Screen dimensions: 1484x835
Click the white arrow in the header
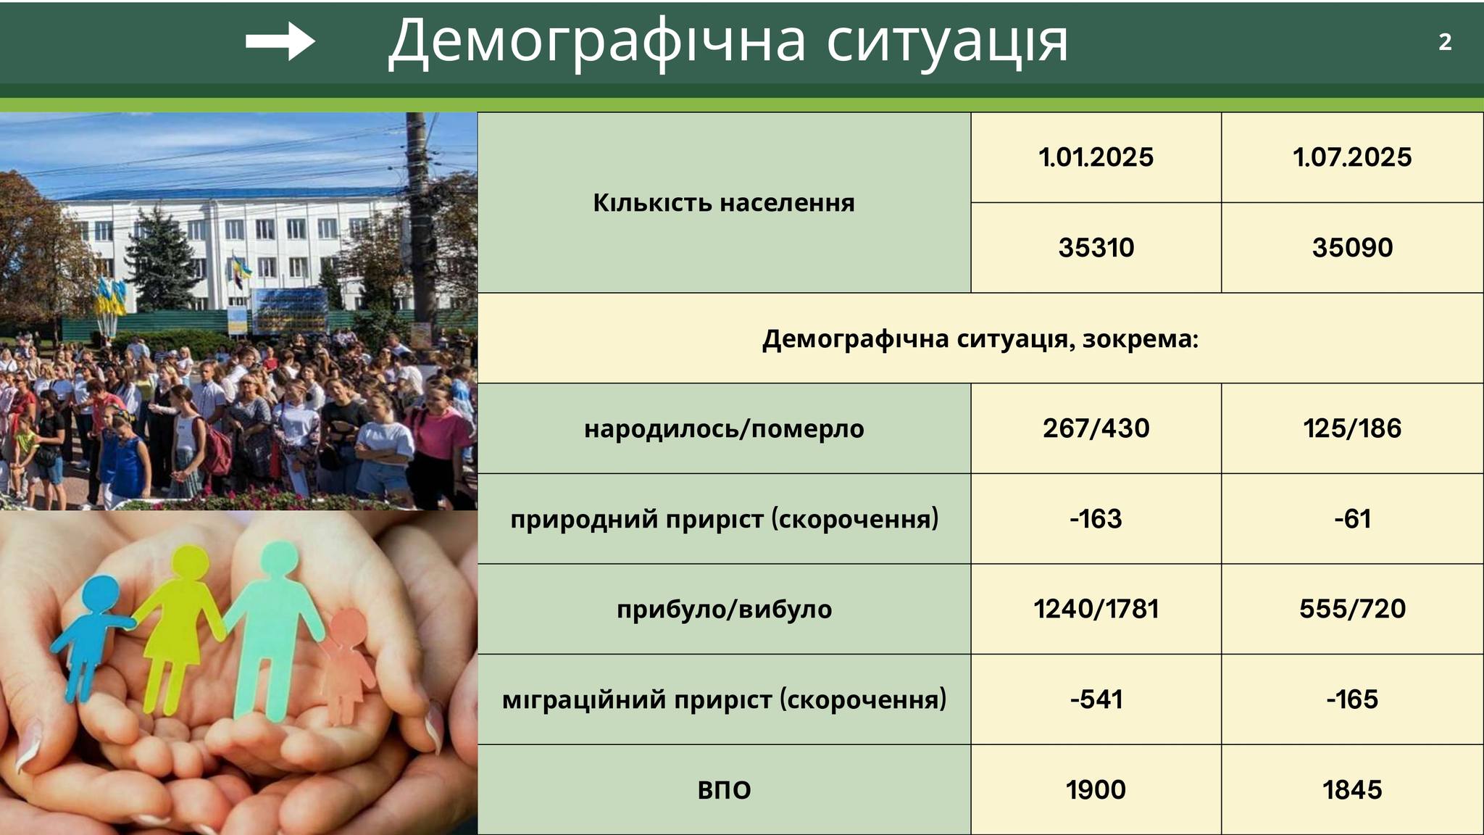click(x=280, y=41)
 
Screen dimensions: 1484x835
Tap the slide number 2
click(x=1445, y=43)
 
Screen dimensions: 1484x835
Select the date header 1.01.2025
click(x=1096, y=157)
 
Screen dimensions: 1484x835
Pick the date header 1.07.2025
click(x=1352, y=157)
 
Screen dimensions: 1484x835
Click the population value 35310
click(x=1096, y=248)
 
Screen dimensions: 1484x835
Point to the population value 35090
click(x=1352, y=248)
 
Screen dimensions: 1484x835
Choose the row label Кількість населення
click(x=724, y=203)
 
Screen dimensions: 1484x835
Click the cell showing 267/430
click(x=1096, y=428)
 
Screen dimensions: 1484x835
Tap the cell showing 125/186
click(x=1352, y=428)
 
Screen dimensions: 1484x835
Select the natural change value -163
click(x=1096, y=519)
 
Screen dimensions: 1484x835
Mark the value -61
click(x=1352, y=519)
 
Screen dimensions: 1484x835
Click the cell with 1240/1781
click(x=1096, y=609)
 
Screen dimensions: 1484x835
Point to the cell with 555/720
click(x=1352, y=609)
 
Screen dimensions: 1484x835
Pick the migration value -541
click(x=1096, y=699)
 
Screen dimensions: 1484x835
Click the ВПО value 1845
click(x=1352, y=789)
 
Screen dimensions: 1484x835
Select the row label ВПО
click(x=724, y=789)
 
